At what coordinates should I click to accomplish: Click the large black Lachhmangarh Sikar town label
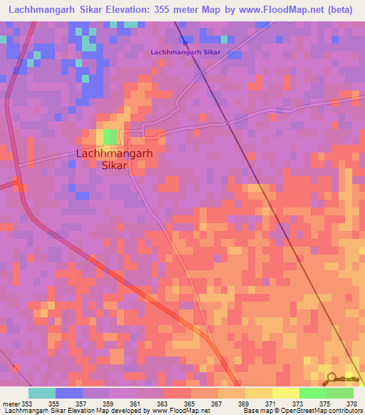[x=105, y=158]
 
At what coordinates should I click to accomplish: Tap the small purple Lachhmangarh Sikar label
[x=185, y=52]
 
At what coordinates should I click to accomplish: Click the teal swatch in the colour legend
[x=42, y=393]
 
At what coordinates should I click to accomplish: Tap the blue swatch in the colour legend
[x=68, y=393]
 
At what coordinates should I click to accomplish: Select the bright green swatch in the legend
[x=312, y=393]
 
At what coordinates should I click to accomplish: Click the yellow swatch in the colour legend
[x=285, y=393]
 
